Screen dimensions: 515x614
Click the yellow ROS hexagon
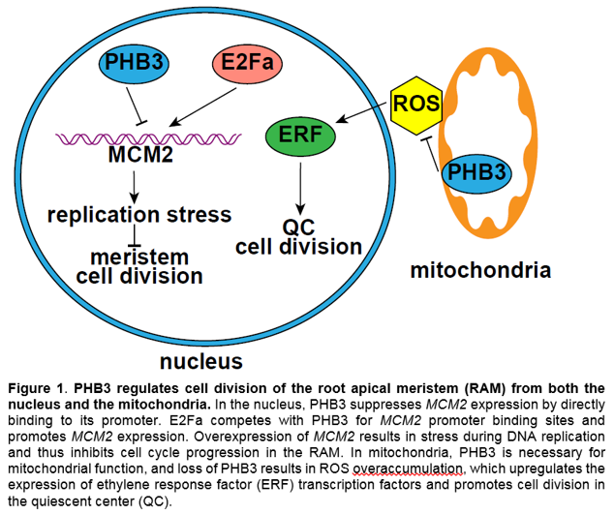click(416, 101)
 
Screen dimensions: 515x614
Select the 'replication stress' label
click(139, 213)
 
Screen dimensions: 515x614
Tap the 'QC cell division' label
click(298, 236)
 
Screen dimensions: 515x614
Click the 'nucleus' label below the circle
click(201, 362)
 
